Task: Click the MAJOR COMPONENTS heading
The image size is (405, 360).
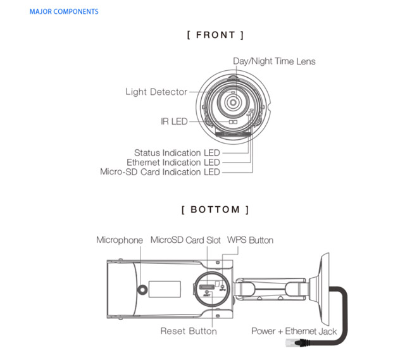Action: [x=64, y=11]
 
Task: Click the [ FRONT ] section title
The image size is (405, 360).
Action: [x=215, y=35]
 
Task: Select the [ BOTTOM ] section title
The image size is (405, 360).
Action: [x=215, y=209]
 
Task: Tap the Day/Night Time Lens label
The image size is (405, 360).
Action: [x=274, y=61]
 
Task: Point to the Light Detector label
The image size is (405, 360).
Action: [x=156, y=92]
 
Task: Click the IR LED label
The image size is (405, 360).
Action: [x=174, y=121]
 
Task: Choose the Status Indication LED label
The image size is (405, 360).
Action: [x=177, y=152]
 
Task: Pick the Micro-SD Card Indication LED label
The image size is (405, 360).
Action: [x=160, y=171]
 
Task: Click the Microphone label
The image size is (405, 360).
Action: [x=120, y=240]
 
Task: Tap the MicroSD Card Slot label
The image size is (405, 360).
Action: [x=185, y=240]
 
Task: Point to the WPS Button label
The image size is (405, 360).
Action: [x=250, y=240]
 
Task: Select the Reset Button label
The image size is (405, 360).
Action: [x=189, y=331]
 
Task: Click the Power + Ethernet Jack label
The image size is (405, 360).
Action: [x=294, y=331]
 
